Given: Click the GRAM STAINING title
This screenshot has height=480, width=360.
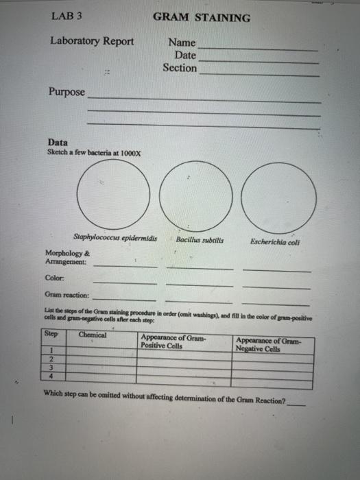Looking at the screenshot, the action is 202,17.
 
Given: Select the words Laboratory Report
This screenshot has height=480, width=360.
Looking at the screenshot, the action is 92,41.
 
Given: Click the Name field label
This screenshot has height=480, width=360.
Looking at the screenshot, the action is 182,43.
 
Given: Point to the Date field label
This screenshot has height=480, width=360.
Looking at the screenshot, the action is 185,55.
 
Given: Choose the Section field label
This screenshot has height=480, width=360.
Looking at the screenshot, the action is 180,68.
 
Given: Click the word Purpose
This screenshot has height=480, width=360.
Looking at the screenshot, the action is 67,92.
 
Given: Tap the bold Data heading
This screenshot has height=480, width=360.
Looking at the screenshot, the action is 58,143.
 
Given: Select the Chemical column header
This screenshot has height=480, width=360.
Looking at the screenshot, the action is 93,335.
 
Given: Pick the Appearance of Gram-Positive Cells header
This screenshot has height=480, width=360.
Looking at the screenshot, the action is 173,341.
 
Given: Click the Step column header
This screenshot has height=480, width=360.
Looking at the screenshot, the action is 51,334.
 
